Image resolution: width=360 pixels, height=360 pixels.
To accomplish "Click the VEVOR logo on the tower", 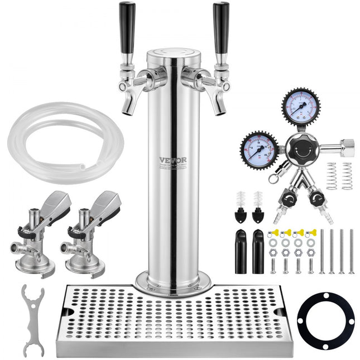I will (x=173, y=160).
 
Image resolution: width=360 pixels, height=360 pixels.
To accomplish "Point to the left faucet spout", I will (x=128, y=102).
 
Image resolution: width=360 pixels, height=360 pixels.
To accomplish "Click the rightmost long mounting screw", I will (x=351, y=251).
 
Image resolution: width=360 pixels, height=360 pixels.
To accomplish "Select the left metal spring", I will (x=332, y=176).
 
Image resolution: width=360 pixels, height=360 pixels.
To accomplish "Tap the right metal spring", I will (x=347, y=176).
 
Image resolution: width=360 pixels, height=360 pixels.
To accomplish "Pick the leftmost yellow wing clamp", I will (x=273, y=233).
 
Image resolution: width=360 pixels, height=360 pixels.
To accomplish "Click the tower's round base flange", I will (x=172, y=281).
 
